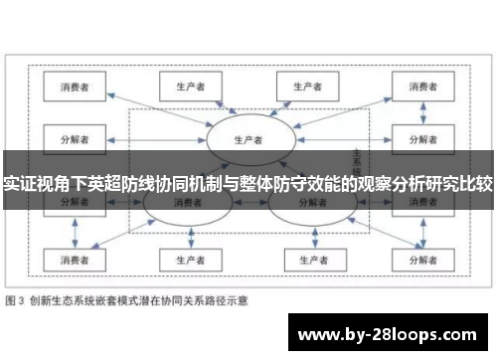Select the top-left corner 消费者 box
pos(75,88)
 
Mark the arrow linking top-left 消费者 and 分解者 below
pos(75,110)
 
